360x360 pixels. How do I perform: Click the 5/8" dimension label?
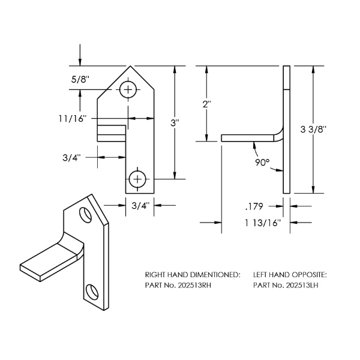(80, 80)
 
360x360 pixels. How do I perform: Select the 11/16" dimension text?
(73, 119)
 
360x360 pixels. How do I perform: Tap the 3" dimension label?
(175, 123)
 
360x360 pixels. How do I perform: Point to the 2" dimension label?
(206, 104)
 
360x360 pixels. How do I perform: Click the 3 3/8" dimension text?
(313, 130)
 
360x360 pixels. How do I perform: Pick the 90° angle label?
(262, 163)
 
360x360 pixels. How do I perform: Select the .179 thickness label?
(254, 206)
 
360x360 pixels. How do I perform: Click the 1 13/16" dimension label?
(263, 223)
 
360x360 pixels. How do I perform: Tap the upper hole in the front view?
(128, 89)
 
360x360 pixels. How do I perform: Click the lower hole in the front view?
(137, 179)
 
